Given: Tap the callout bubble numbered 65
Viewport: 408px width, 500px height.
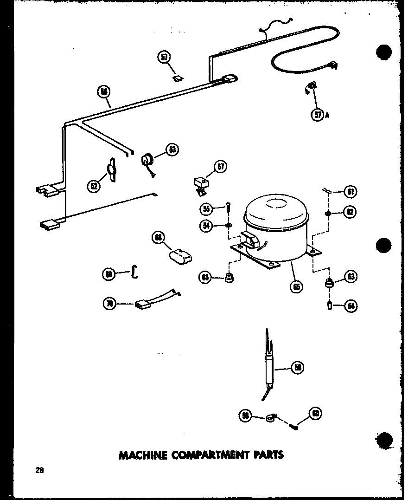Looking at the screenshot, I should click(295, 286).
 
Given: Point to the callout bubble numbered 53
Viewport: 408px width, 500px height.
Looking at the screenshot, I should click(172, 149).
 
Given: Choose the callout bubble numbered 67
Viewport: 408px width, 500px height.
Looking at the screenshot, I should click(220, 167).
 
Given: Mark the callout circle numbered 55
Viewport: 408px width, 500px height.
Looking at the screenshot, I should click(207, 209).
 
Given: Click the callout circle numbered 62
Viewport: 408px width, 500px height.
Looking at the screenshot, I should click(350, 213).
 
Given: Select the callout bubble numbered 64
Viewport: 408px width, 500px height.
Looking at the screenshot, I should click(351, 305).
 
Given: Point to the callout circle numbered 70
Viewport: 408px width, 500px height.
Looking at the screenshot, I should click(109, 305).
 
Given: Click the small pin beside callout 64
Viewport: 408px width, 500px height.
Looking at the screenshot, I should click(328, 306).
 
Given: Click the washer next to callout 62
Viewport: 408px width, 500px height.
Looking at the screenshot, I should click(327, 213).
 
